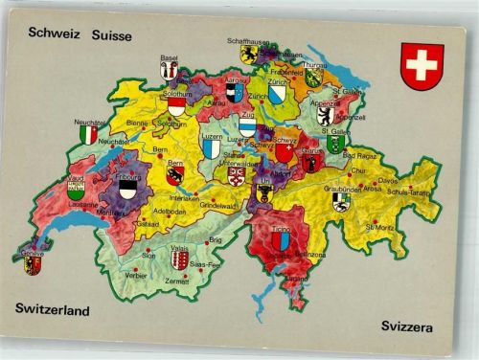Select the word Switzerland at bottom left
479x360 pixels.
click(53, 309)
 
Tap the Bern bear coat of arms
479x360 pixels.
click(174, 176)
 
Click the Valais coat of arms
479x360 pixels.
click(179, 259)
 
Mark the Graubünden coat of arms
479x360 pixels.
click(341, 201)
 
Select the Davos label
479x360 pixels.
click(387, 179)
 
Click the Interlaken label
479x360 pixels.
click(185, 198)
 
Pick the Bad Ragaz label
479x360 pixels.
click(360, 154)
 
